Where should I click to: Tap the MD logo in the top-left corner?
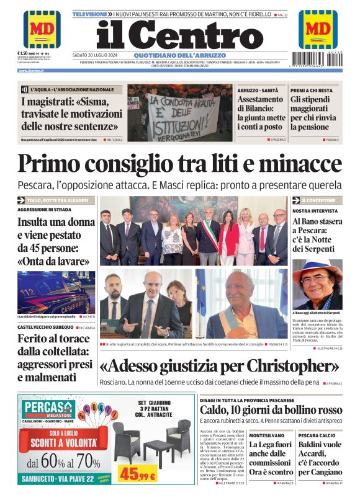click(x=42, y=29)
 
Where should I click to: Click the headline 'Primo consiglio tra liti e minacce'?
click(x=180, y=163)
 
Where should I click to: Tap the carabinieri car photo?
click(x=56, y=292)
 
